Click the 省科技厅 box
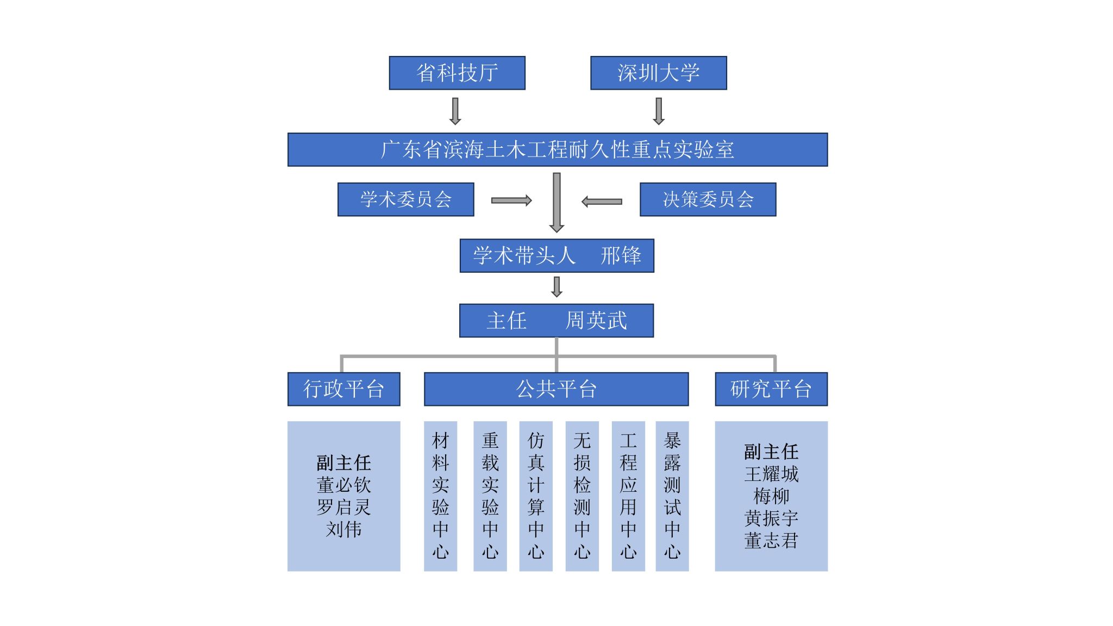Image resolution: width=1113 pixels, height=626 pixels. (x=457, y=73)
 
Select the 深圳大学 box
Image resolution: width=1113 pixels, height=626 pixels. (x=658, y=73)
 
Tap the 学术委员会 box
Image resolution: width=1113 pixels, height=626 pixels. (x=405, y=199)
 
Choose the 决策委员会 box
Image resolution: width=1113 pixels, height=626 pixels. (x=708, y=199)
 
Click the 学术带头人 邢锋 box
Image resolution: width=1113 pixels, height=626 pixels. (x=556, y=255)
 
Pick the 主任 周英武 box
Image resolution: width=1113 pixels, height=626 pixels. (x=556, y=321)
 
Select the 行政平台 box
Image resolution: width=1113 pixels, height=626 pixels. (x=343, y=389)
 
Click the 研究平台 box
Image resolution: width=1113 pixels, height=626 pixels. (x=771, y=389)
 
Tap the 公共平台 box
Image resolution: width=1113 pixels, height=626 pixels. (x=556, y=389)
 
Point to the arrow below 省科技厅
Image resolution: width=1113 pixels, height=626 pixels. (x=455, y=111)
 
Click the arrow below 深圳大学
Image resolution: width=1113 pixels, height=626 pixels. (x=659, y=111)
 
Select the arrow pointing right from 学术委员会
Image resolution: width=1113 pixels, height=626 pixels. (x=511, y=201)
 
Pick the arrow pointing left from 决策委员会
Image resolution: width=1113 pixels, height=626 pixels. (x=602, y=202)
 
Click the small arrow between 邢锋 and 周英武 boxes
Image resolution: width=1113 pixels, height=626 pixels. (x=556, y=287)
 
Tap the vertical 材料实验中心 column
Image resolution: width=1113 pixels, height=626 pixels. (x=440, y=496)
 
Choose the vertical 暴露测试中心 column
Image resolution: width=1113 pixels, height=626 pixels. (x=672, y=496)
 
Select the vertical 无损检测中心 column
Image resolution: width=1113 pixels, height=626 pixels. (x=582, y=496)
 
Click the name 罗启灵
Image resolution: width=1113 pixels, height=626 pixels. (x=343, y=508)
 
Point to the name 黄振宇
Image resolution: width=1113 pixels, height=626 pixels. (x=771, y=518)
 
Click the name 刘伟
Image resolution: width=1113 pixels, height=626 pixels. (x=343, y=529)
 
